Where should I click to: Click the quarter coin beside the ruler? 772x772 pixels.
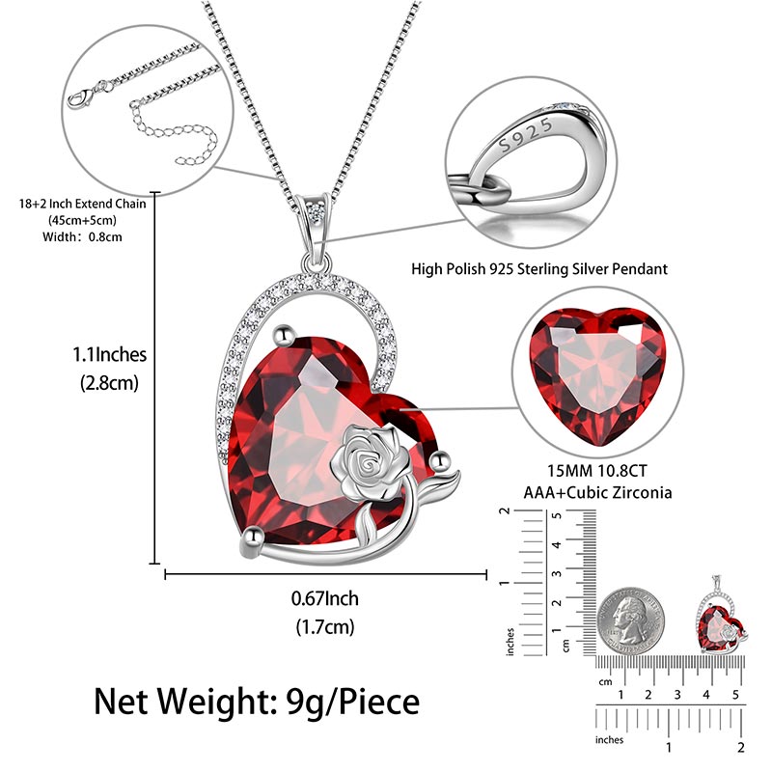(631, 620)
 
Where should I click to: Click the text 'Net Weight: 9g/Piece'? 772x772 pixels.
(257, 702)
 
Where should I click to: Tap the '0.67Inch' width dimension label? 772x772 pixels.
(324, 598)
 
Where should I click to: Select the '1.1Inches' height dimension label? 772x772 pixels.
(109, 354)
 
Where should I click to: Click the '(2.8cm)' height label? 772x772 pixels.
(109, 383)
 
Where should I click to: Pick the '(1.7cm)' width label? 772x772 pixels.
(325, 627)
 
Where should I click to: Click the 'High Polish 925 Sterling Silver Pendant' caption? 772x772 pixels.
(539, 269)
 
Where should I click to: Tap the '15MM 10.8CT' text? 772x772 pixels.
(597, 471)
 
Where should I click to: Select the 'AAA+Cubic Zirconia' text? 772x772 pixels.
(597, 493)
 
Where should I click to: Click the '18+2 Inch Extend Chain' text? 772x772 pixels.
(82, 204)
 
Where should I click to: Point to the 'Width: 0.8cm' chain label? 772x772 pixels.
(82, 236)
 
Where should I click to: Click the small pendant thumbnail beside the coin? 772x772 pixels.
(721, 615)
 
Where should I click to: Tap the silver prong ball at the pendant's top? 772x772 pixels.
(284, 336)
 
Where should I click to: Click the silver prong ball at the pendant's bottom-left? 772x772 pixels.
(253, 538)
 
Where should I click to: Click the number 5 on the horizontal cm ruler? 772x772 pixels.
(735, 695)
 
